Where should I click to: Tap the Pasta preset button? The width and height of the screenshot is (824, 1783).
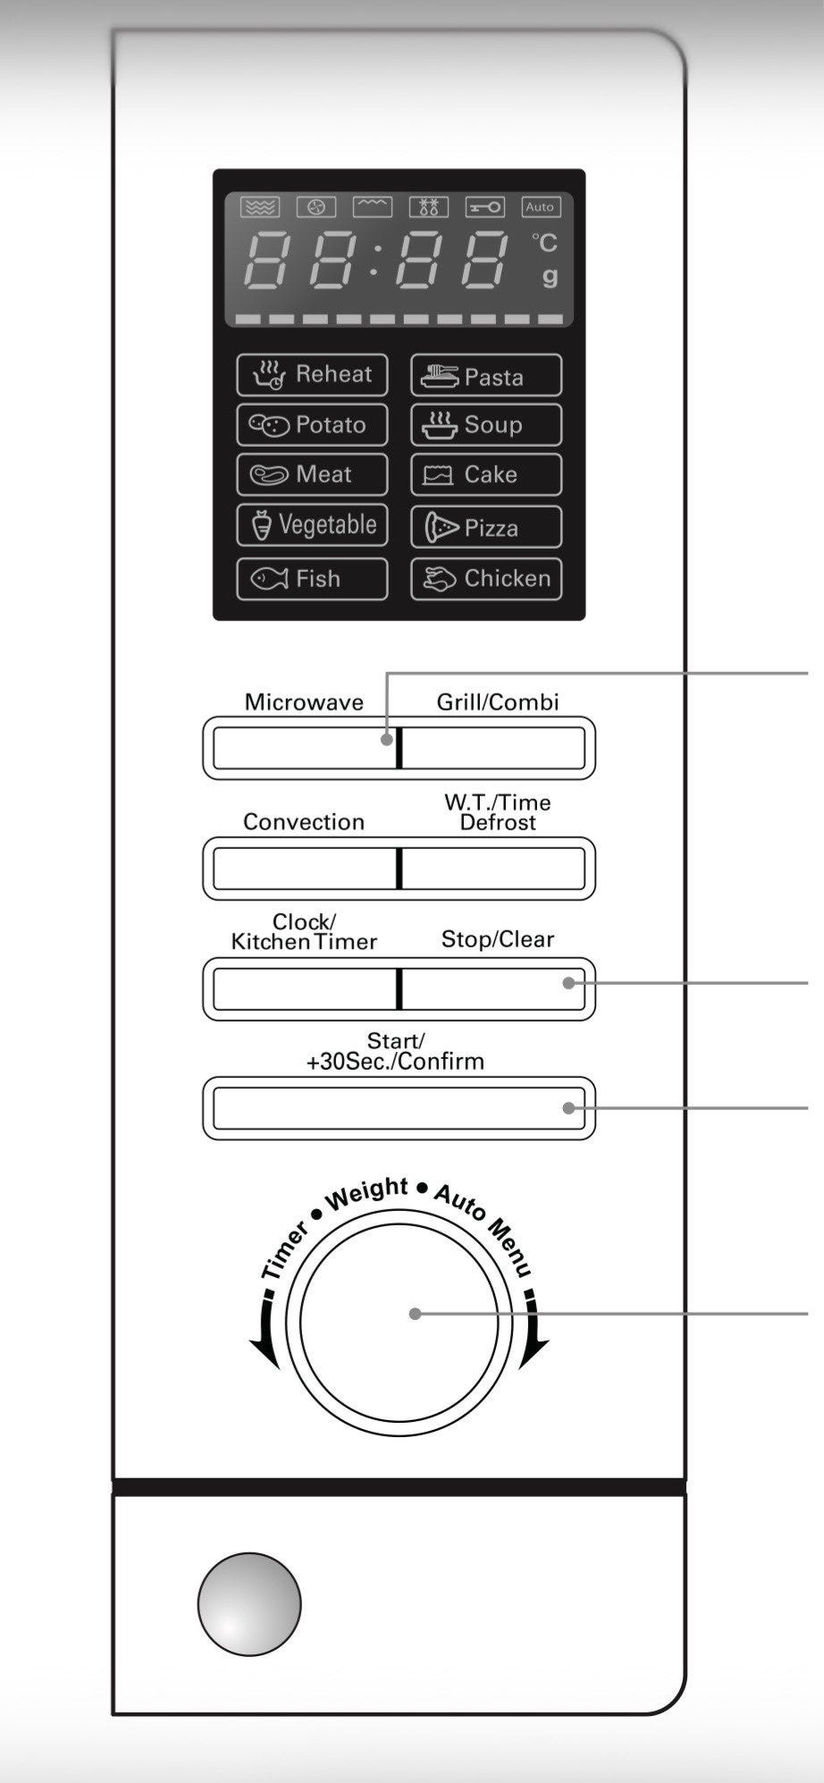pyautogui.click(x=486, y=375)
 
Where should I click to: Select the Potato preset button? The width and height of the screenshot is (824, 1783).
pyautogui.click(x=312, y=425)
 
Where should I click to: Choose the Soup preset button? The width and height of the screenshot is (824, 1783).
pyautogui.click(x=486, y=425)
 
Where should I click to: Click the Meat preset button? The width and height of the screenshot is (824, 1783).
pyautogui.click(x=312, y=474)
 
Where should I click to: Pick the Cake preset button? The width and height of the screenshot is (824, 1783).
pyautogui.click(x=486, y=474)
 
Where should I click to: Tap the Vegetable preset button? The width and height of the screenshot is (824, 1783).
pyautogui.click(x=312, y=525)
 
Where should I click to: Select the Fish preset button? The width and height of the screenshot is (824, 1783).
pyautogui.click(x=312, y=578)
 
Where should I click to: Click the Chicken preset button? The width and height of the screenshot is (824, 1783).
pyautogui.click(x=486, y=578)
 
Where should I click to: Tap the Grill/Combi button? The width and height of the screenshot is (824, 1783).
pyautogui.click(x=494, y=747)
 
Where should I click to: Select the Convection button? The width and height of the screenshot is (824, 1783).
pyautogui.click(x=304, y=868)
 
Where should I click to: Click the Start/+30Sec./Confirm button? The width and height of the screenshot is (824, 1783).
pyautogui.click(x=399, y=1108)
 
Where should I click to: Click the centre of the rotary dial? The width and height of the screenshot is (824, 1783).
pyautogui.click(x=399, y=1322)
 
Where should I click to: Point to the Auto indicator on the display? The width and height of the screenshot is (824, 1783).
pyautogui.click(x=540, y=206)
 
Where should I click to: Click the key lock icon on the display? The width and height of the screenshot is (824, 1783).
pyautogui.click(x=485, y=207)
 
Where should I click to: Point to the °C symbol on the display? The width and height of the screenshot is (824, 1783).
pyautogui.click(x=544, y=242)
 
